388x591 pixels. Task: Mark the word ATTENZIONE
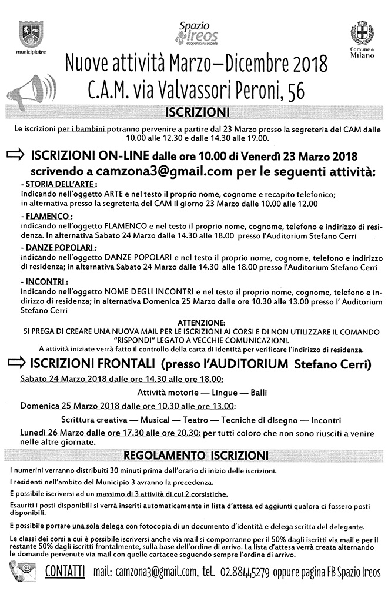(x=195, y=324)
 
